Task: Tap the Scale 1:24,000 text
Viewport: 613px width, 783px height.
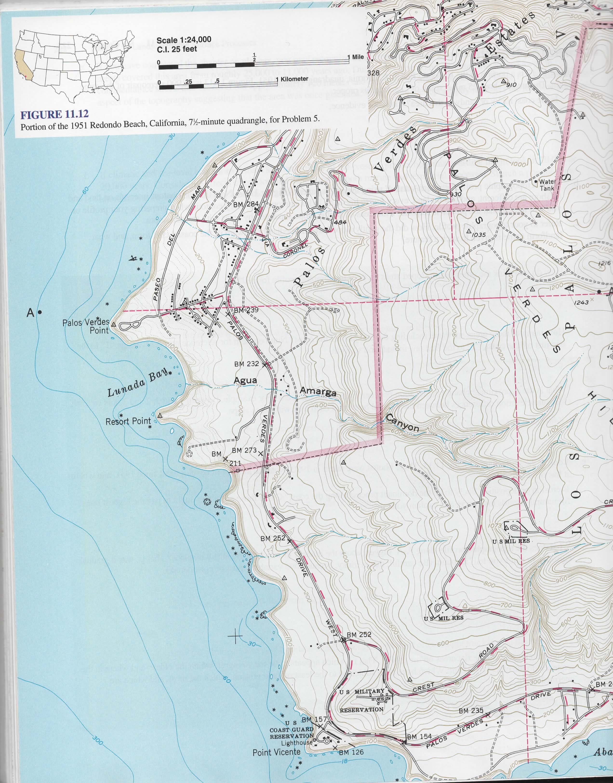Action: pyautogui.click(x=184, y=40)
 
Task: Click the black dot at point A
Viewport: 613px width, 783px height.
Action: pyautogui.click(x=40, y=313)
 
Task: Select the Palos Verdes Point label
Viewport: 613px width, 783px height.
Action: pyautogui.click(x=86, y=326)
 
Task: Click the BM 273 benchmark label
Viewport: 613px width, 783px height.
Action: pyautogui.click(x=244, y=450)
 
